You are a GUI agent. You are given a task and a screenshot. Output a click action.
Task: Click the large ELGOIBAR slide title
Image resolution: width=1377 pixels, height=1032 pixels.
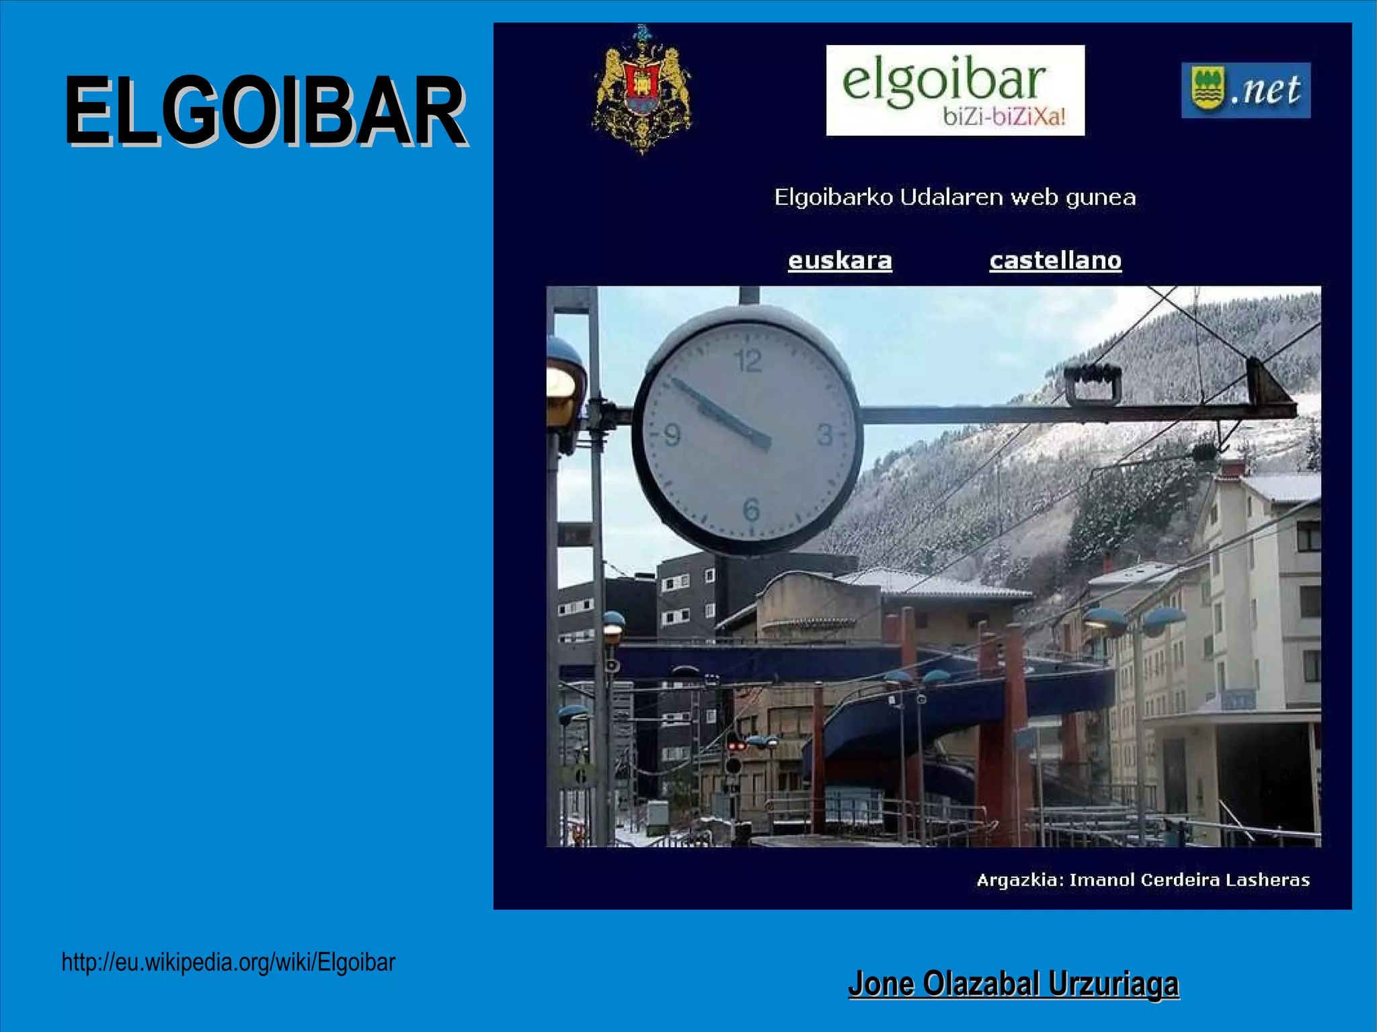(x=265, y=111)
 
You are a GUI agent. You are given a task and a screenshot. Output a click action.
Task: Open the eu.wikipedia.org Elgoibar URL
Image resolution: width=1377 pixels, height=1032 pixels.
(x=228, y=962)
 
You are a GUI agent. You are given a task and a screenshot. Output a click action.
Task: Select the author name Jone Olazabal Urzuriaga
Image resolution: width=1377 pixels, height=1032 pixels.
(x=1013, y=984)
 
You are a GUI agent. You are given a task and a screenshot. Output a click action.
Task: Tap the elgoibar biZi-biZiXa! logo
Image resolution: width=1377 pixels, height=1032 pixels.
(x=955, y=90)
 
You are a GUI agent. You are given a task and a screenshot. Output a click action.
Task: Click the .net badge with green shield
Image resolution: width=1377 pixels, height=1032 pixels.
(x=1245, y=90)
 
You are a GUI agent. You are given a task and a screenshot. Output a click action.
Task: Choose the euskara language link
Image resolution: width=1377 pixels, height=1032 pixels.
(x=840, y=260)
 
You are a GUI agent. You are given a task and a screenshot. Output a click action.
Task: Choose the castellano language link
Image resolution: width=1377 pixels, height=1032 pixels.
(x=1055, y=260)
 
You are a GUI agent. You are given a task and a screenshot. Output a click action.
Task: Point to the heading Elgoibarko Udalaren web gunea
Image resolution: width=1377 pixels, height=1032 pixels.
(x=955, y=197)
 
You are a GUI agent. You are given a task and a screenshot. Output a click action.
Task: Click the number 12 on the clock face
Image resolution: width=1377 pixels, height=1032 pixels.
(x=748, y=362)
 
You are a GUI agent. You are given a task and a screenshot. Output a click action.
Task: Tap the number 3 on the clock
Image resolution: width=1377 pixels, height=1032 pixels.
(x=825, y=436)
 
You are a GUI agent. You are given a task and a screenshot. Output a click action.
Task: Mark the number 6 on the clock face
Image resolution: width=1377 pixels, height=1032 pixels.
(x=751, y=510)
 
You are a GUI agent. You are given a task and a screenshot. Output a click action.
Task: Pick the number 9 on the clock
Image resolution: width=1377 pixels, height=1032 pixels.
(x=672, y=436)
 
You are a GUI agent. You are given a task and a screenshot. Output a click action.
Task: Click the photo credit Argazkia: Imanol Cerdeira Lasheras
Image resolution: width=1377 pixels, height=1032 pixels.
(x=1143, y=880)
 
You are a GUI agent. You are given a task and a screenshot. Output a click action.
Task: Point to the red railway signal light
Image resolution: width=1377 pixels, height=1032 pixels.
(x=736, y=746)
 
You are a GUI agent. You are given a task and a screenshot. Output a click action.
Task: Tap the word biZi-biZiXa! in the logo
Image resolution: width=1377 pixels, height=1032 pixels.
(x=1004, y=117)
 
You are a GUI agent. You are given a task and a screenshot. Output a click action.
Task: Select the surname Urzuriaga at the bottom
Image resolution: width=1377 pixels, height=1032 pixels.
(x=1113, y=984)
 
